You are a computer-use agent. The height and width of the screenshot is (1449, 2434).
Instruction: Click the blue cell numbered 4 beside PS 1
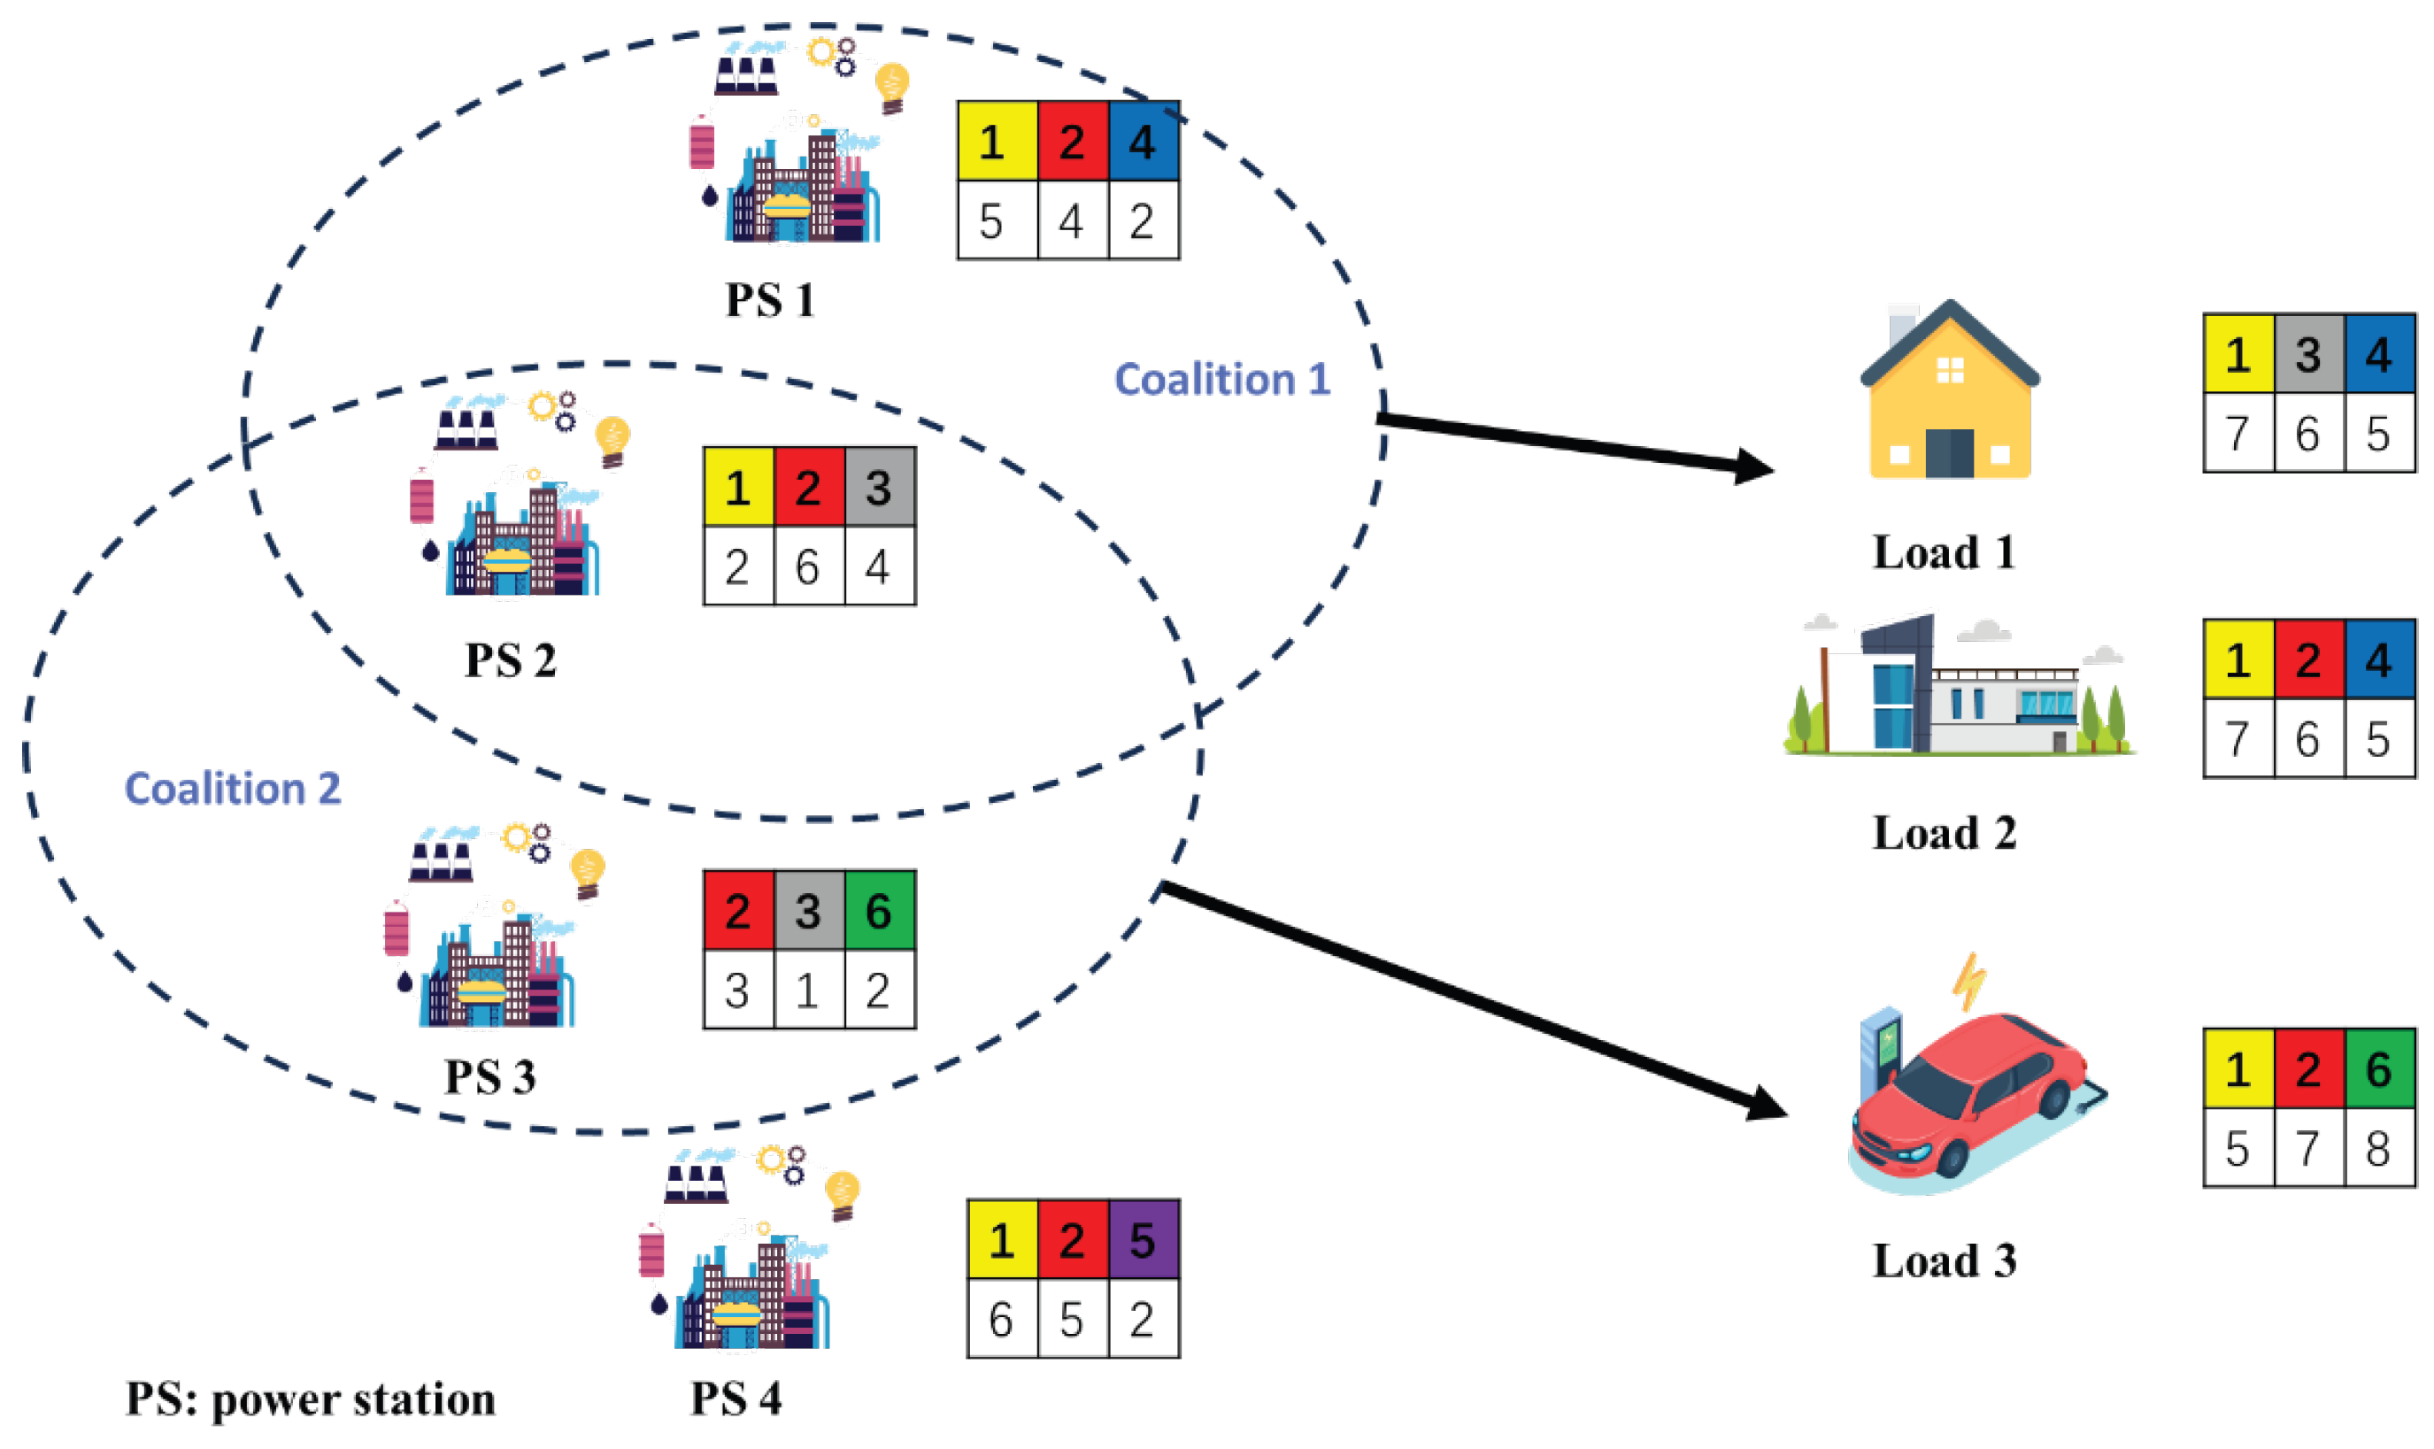[x=1143, y=142]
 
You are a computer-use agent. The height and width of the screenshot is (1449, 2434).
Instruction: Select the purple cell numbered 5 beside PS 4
[x=1143, y=1240]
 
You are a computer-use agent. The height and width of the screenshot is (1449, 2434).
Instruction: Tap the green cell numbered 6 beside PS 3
[x=878, y=910]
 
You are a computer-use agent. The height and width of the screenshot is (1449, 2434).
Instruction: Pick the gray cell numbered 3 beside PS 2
[x=878, y=486]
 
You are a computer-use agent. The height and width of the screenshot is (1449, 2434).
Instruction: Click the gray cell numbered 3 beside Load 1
[x=2307, y=353]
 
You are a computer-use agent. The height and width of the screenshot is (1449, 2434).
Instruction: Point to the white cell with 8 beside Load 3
[x=2377, y=1147]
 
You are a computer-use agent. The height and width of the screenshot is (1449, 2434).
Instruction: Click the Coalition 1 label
[x=1221, y=379]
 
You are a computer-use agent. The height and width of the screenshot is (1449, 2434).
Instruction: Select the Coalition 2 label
[x=233, y=788]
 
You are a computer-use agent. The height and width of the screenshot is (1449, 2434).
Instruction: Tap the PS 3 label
[x=489, y=1077]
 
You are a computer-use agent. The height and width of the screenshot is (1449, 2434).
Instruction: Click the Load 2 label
[x=1943, y=833]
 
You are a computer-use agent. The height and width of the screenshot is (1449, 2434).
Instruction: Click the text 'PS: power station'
[x=311, y=1399]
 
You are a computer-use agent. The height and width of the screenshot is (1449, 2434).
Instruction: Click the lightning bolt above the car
[x=1968, y=983]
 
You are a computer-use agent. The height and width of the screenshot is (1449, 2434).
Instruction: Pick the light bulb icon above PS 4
[x=842, y=1194]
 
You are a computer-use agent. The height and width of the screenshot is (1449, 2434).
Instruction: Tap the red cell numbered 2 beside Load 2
[x=2307, y=659]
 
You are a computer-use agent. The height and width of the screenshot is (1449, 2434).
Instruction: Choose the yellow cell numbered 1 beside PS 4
[x=1001, y=1240]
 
